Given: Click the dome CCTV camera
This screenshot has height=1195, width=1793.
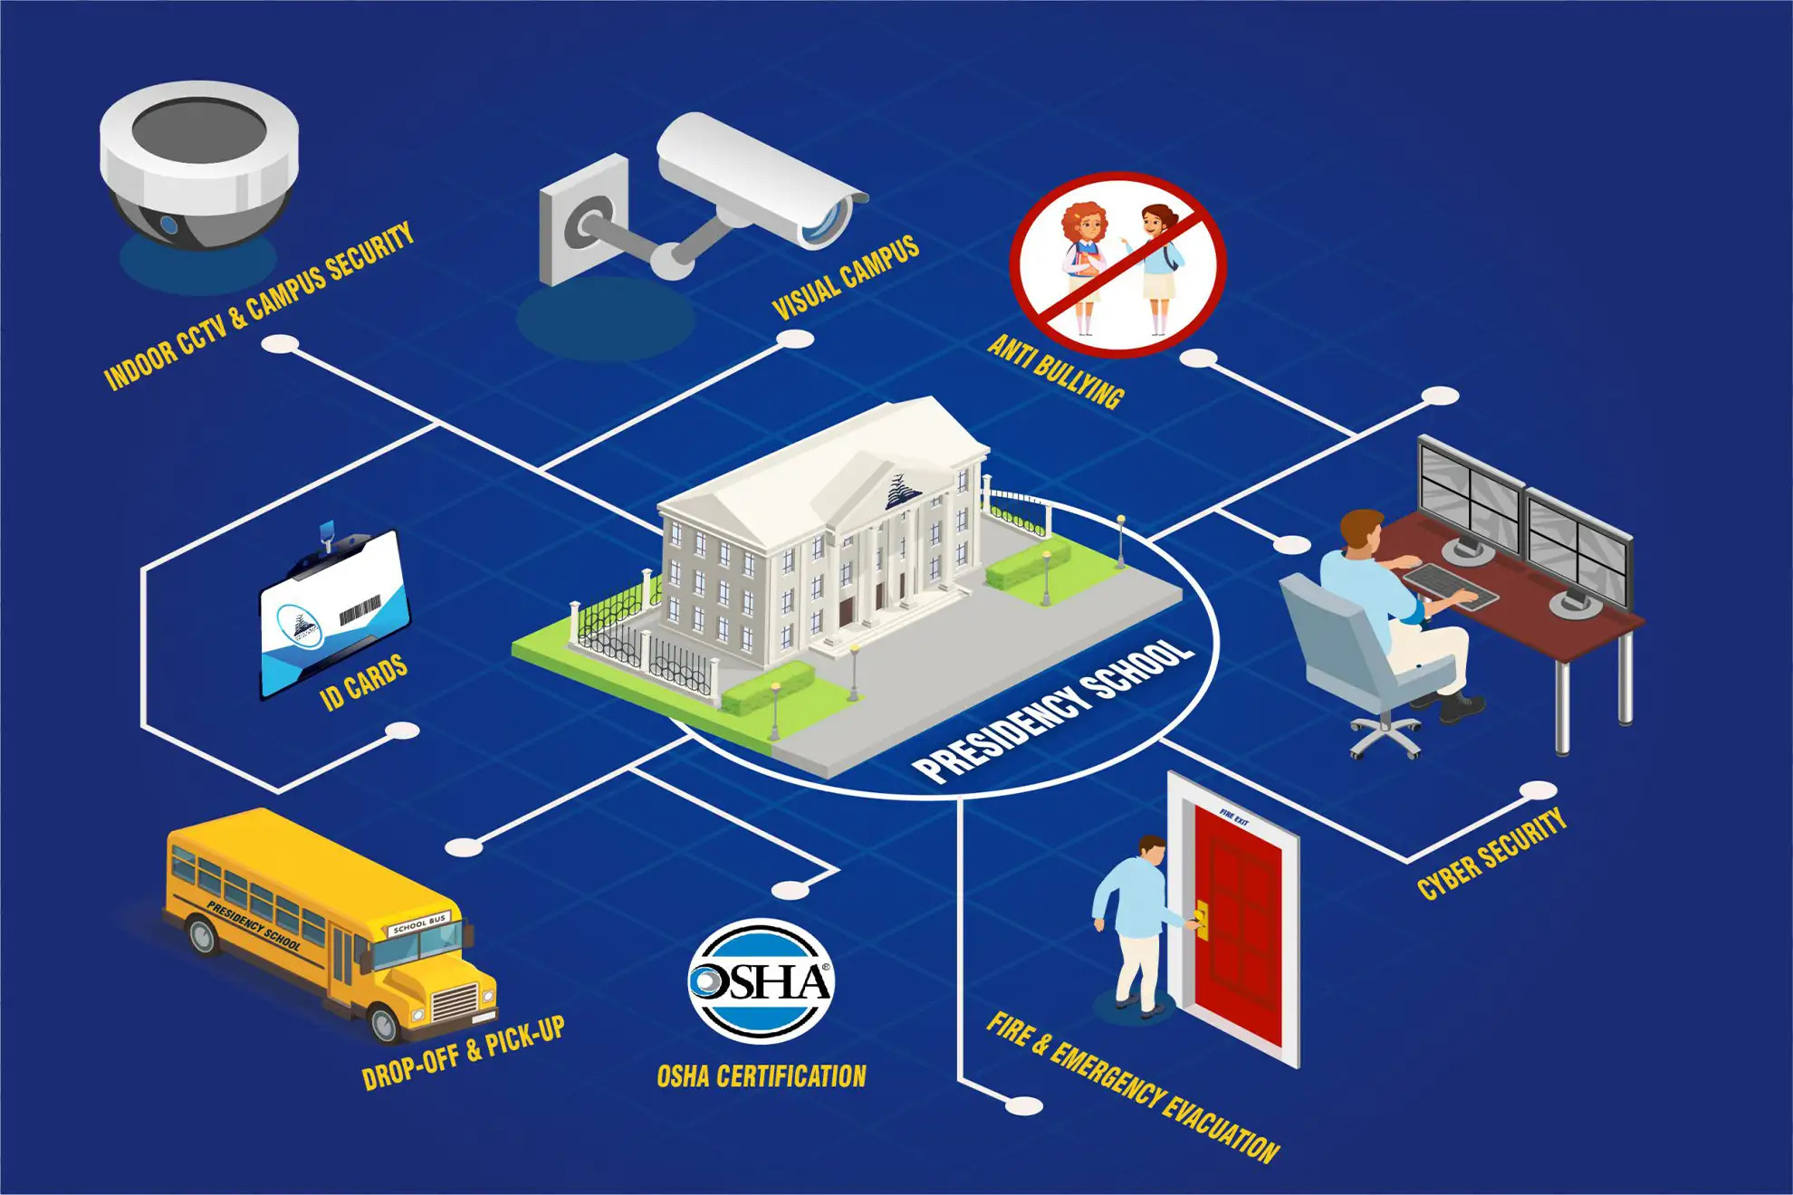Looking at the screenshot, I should click(199, 167).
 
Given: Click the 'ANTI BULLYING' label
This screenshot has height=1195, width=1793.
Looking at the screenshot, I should click(1055, 372).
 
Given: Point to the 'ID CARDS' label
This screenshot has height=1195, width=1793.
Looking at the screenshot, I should click(364, 683).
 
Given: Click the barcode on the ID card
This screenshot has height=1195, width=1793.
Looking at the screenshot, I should click(360, 611).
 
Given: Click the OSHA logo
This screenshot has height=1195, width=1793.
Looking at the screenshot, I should click(761, 980).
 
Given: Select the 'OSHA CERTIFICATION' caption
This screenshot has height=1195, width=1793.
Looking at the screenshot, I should click(761, 1076).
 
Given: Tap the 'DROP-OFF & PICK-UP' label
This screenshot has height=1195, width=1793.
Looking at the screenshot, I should click(463, 1053).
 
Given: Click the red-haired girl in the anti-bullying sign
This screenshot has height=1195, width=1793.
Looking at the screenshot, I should click(1084, 263).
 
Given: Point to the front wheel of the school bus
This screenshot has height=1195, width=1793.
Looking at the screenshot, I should click(386, 1023).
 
